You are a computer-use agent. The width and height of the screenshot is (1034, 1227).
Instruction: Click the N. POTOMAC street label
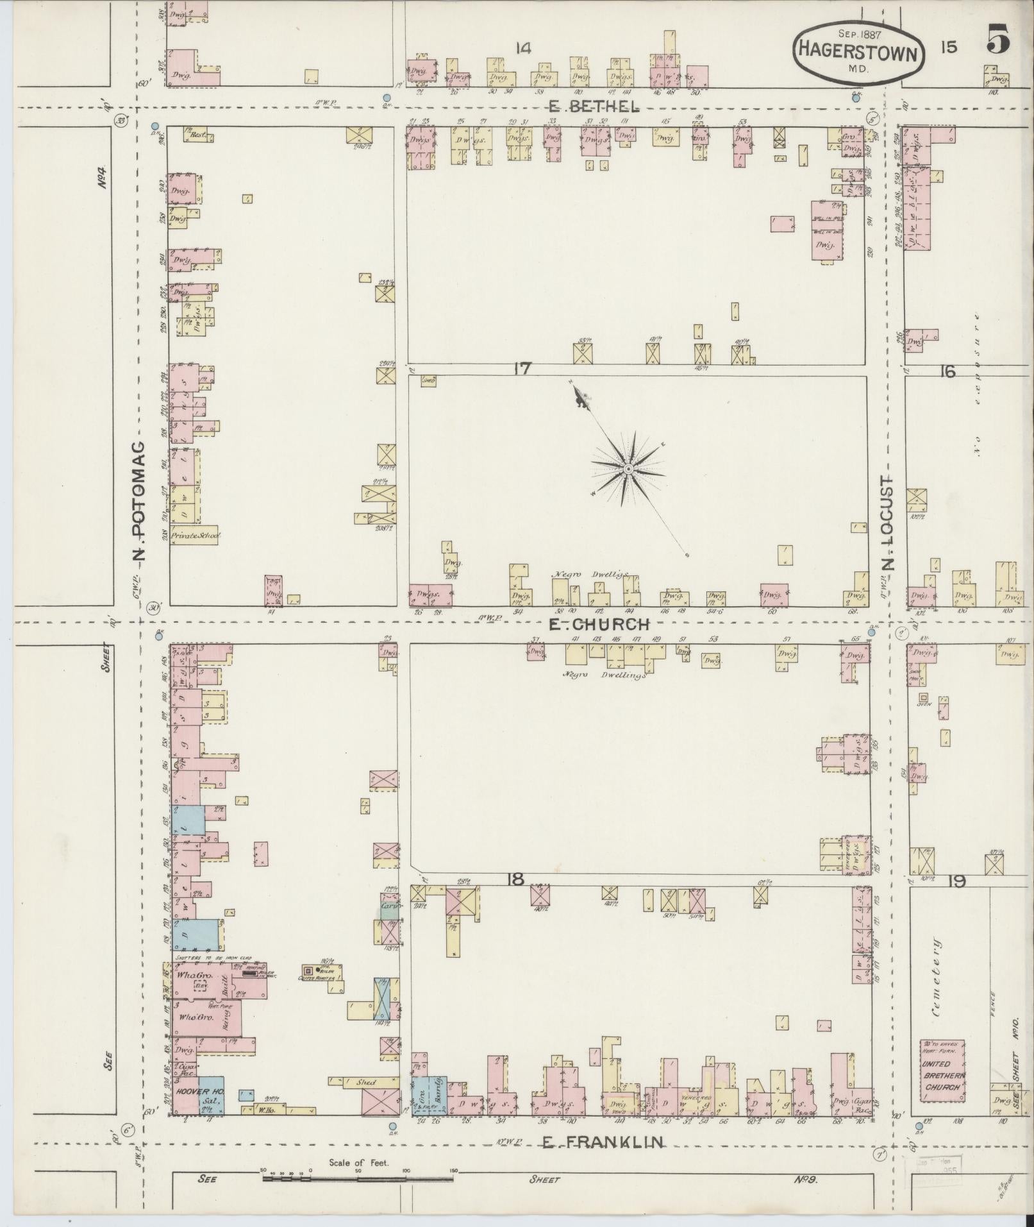coord(139,500)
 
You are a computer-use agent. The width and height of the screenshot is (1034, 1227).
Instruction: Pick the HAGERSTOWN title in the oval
coord(859,54)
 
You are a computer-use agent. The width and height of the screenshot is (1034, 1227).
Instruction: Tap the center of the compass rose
coord(629,470)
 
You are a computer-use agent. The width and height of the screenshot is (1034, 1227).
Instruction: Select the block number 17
coord(522,369)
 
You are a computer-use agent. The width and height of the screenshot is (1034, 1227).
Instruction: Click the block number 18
coord(515,879)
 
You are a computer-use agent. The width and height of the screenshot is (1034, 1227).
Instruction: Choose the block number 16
coord(947,371)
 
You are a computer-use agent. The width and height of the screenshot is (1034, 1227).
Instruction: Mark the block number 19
coord(956,882)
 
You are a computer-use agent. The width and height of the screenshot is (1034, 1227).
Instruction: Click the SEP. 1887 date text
coord(859,33)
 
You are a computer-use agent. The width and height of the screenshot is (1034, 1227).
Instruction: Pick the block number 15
coord(949,47)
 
